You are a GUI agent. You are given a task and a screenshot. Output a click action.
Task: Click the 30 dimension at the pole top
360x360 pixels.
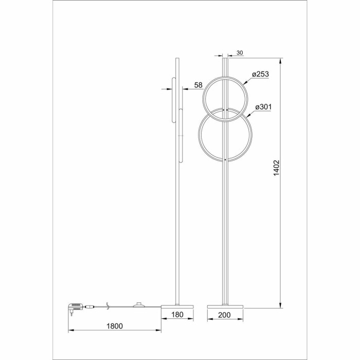[x=239, y=53]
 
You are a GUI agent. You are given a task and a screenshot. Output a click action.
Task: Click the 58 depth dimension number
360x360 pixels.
[x=199, y=84]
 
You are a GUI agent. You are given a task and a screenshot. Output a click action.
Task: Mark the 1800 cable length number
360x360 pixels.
[x=114, y=327]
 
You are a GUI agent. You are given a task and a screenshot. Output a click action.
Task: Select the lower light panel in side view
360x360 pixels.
[x=181, y=135]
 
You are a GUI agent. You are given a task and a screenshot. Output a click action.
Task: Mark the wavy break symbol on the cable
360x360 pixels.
[x=107, y=306]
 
